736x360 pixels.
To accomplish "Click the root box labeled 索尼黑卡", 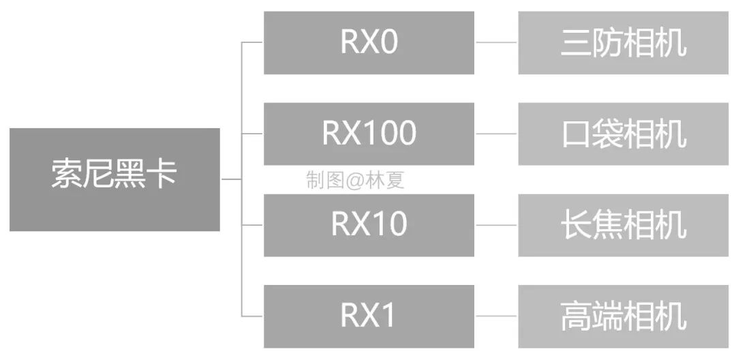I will (x=114, y=179).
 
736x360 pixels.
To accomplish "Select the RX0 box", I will (x=369, y=42).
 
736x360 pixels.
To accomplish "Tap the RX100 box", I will (x=369, y=134).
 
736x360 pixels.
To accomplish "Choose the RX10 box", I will (x=369, y=225).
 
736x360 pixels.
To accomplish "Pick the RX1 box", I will (x=369, y=316).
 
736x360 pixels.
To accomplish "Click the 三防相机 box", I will (x=623, y=42).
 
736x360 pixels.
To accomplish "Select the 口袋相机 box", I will (x=623, y=134).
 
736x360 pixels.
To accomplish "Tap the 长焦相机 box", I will (x=623, y=225).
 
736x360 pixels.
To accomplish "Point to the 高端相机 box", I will (x=623, y=316).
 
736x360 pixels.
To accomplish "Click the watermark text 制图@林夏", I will (x=355, y=180).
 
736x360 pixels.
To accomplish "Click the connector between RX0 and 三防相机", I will (x=496, y=42).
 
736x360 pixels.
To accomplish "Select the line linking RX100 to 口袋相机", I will (x=496, y=134).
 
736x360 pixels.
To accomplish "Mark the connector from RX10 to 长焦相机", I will (x=496, y=225).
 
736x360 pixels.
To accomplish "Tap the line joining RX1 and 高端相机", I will (x=496, y=316).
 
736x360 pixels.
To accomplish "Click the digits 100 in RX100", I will (x=392, y=134).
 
